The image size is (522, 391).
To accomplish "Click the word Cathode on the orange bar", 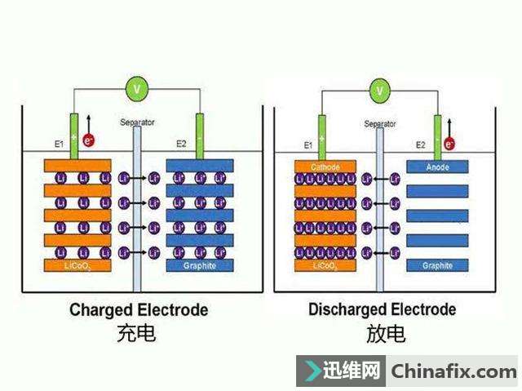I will point(325,167).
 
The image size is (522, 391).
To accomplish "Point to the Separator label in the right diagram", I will point(380,124).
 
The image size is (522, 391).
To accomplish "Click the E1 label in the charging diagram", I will point(59,144).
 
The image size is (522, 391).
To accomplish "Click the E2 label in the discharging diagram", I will point(421,144).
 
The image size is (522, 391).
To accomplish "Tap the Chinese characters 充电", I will point(136,333).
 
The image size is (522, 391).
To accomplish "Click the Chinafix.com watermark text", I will point(454,372).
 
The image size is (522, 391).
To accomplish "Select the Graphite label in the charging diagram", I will point(200,266).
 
